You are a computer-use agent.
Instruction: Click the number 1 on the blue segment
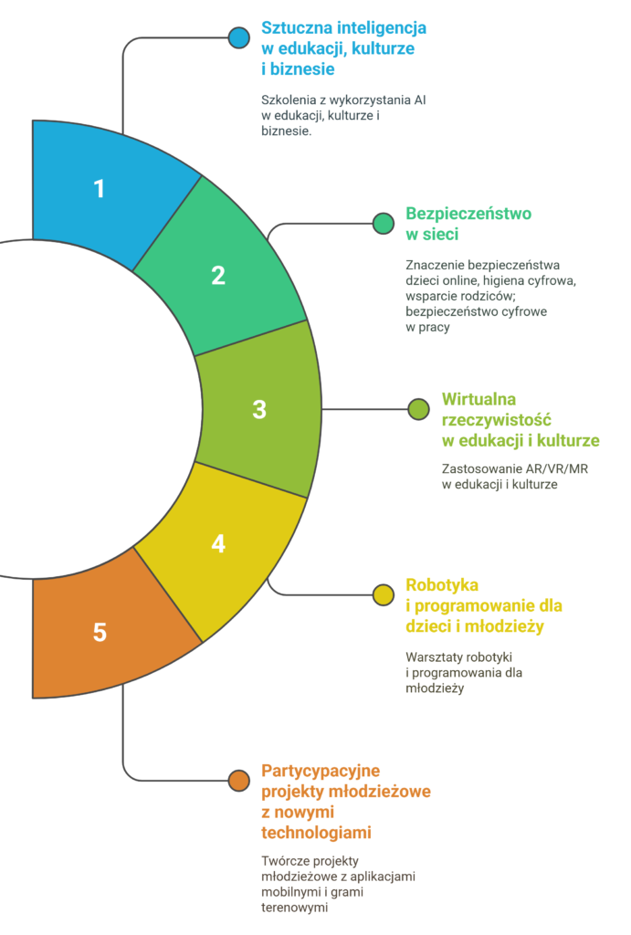(100, 189)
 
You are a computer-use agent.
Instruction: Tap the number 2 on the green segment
(218, 275)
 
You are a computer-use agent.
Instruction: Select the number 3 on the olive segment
(259, 409)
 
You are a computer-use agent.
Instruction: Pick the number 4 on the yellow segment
(218, 543)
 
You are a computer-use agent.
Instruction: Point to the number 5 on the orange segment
(100, 631)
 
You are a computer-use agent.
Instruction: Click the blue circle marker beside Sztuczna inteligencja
(239, 37)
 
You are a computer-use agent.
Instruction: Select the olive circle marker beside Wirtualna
(418, 408)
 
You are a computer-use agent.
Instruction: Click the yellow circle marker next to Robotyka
(384, 594)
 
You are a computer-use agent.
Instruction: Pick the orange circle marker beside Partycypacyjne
(239, 780)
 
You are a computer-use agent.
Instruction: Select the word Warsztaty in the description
(436, 657)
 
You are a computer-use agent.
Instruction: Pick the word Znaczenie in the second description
(438, 265)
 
